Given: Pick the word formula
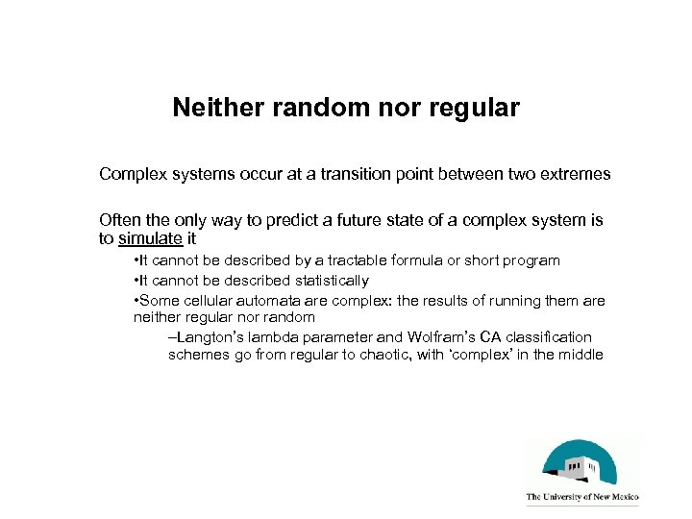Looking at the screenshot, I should [x=425, y=261].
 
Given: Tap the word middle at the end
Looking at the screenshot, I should [x=580, y=356].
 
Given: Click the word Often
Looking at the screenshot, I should [x=120, y=220].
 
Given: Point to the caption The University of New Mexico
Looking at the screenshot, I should [x=582, y=498].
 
